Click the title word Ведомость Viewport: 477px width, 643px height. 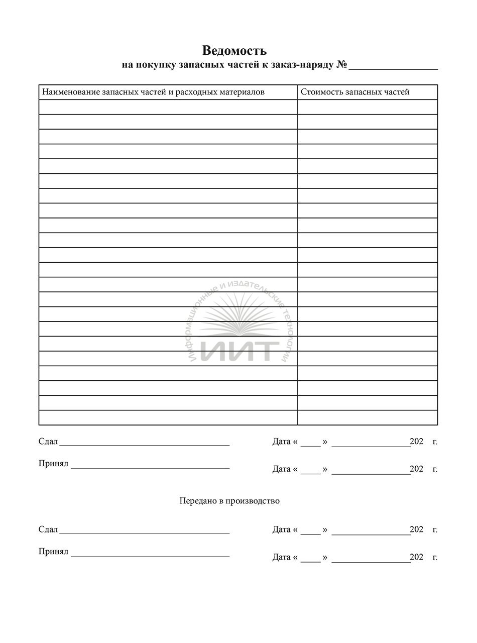[234, 50]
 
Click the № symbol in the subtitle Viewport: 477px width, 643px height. [342, 65]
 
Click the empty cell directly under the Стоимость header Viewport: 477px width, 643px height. [367, 107]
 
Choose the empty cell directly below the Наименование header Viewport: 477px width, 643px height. [168, 107]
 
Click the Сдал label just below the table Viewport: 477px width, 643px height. [48, 442]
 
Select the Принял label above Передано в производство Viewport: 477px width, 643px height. [53, 464]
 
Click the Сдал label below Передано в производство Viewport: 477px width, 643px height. [48, 529]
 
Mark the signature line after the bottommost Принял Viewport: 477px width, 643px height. [150, 556]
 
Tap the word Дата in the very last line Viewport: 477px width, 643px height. [281, 557]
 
